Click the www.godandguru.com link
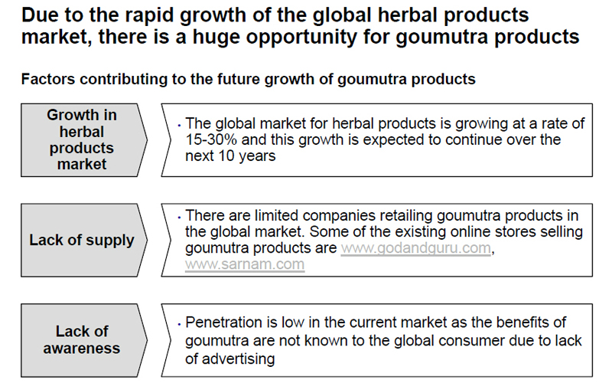(x=415, y=248)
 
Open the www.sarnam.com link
(x=245, y=264)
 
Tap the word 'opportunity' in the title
(x=301, y=37)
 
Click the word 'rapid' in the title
(x=149, y=15)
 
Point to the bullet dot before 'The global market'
(x=179, y=126)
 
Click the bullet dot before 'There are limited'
(x=179, y=218)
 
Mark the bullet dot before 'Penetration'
(x=179, y=324)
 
